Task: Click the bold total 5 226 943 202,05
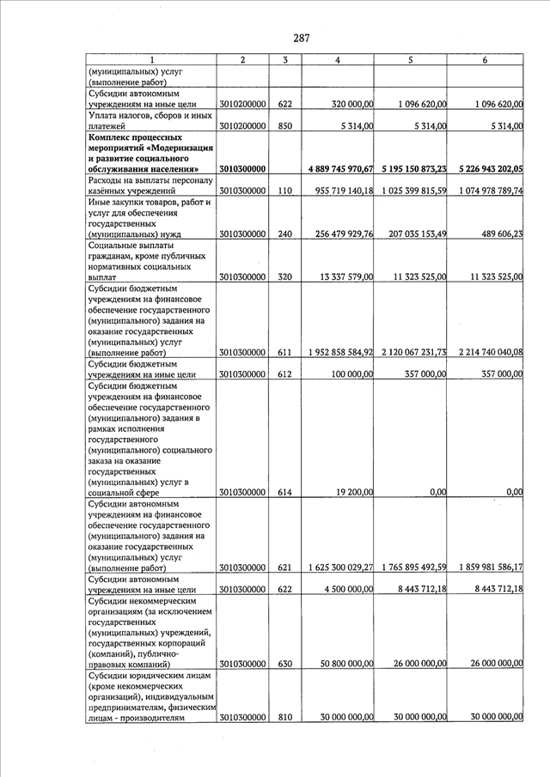486,168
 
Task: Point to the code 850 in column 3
285,126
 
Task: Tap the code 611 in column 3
285,353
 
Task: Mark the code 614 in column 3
285,493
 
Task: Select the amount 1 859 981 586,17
486,568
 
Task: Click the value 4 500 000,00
348,590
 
